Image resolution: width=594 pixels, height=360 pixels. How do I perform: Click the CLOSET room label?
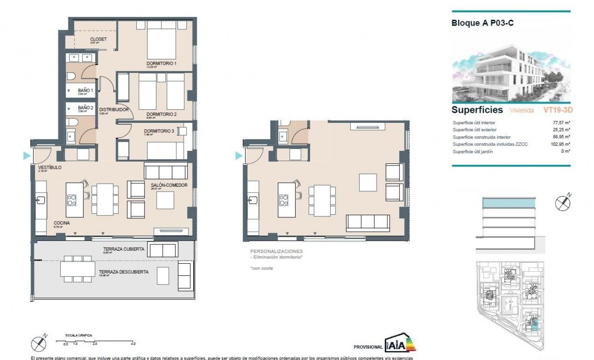tap(98, 39)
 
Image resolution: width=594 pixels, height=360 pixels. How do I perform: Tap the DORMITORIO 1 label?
tap(161, 63)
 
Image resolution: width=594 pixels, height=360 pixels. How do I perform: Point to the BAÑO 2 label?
tap(85, 108)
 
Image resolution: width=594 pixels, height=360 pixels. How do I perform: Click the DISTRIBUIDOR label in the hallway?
tap(114, 109)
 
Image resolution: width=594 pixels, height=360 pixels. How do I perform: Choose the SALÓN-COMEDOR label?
tap(169, 184)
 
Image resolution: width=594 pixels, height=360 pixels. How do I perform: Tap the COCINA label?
tap(61, 223)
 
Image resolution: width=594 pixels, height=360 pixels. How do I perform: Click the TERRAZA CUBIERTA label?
tap(123, 249)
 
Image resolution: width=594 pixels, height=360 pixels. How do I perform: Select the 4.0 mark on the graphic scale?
tap(133, 343)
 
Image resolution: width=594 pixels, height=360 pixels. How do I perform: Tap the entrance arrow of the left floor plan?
tap(27, 156)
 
